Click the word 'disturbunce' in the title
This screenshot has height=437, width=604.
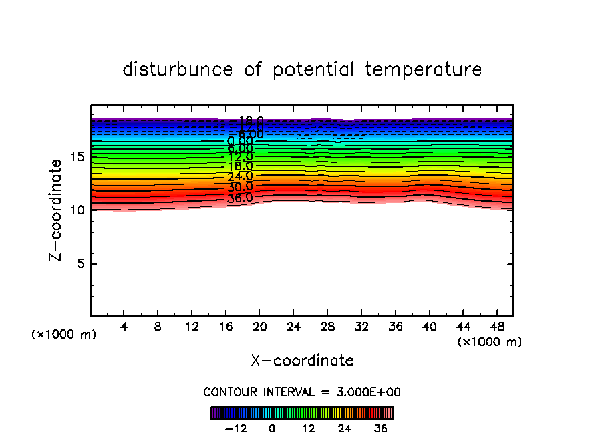click(x=178, y=69)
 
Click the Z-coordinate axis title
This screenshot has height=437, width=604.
click(x=57, y=210)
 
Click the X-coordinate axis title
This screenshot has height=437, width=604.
click(x=302, y=361)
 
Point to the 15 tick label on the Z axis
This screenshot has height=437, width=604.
click(x=76, y=157)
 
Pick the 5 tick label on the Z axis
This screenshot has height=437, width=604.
click(x=80, y=263)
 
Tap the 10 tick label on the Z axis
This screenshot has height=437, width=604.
click(x=76, y=210)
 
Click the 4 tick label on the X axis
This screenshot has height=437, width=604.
click(x=124, y=327)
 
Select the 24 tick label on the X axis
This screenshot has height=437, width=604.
click(x=293, y=327)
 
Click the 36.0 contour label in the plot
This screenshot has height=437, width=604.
click(x=240, y=198)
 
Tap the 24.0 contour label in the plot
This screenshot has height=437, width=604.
click(x=240, y=177)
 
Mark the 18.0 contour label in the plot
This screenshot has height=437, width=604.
click(x=240, y=166)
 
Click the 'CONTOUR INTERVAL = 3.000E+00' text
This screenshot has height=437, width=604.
click(x=302, y=392)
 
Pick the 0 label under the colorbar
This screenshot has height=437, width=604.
click(x=272, y=428)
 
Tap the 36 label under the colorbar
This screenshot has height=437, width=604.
click(x=381, y=428)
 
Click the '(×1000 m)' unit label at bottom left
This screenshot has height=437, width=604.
click(x=64, y=335)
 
